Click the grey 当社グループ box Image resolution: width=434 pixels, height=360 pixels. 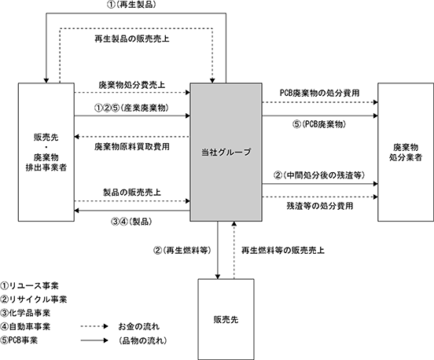[226, 152]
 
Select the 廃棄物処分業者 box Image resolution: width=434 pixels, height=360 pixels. [406, 152]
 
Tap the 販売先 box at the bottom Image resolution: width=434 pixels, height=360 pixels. [226, 319]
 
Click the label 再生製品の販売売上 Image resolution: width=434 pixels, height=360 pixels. [132, 39]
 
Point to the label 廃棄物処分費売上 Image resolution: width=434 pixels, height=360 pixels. [132, 85]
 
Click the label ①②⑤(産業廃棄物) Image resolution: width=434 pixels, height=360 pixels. [132, 108]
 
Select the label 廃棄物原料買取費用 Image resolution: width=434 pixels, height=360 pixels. [132, 146]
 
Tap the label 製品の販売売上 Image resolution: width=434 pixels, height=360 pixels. [132, 193]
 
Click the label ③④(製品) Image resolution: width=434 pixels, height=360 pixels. [131, 222]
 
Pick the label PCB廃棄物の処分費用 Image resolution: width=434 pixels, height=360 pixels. [320, 93]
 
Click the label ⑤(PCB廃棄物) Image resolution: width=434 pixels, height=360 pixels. [319, 124]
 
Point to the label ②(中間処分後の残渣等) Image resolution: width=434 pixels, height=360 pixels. [319, 175]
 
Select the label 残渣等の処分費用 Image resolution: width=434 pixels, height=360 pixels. [320, 206]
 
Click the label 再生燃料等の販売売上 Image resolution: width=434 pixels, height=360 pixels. [282, 251]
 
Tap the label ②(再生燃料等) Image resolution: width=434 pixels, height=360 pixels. [182, 251]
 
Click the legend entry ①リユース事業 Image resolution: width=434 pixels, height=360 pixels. [30, 285]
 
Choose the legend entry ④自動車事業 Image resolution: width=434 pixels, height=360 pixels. [25, 326]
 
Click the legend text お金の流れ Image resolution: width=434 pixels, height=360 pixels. [139, 326]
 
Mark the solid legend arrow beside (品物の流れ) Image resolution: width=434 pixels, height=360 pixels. [94, 340]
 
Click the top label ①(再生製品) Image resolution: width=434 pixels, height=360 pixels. [131, 5]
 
